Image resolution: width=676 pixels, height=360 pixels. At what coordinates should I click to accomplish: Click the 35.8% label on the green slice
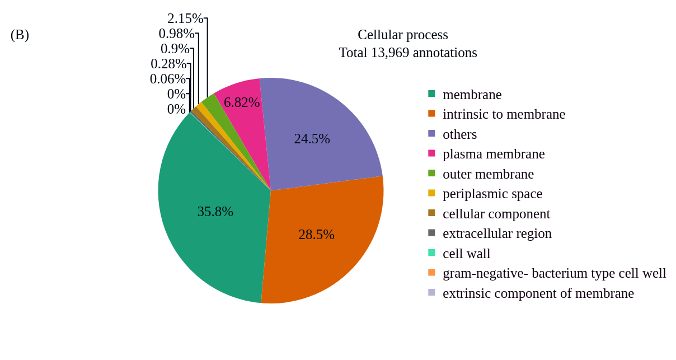click(x=215, y=212)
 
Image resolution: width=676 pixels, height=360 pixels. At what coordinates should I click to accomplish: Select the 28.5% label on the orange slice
click(x=316, y=235)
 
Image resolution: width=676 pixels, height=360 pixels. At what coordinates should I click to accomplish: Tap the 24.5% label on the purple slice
click(x=312, y=139)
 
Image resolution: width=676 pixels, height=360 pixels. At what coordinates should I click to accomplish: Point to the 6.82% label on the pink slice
click(x=242, y=102)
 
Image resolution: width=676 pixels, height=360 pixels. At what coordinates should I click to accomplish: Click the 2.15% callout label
click(x=185, y=18)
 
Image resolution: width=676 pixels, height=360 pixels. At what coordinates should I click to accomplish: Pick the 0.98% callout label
click(x=176, y=34)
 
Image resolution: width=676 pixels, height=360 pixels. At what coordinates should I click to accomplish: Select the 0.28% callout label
click(x=168, y=64)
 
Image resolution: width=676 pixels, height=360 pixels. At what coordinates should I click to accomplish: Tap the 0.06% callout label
click(x=167, y=79)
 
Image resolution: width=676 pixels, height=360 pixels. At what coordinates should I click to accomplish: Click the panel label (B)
click(x=20, y=35)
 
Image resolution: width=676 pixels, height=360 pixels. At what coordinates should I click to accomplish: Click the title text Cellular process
click(x=402, y=35)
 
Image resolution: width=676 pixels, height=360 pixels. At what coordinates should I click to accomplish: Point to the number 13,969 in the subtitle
click(x=390, y=53)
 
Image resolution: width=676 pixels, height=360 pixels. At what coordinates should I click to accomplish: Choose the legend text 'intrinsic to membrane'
click(x=504, y=114)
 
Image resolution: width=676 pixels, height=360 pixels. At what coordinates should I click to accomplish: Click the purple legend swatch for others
click(x=431, y=134)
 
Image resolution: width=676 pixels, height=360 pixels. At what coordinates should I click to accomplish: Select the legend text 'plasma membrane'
click(x=494, y=154)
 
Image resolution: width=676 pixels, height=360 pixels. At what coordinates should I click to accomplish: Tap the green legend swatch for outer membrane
click(x=431, y=174)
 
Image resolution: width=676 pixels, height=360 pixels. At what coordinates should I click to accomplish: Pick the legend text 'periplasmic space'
click(x=492, y=194)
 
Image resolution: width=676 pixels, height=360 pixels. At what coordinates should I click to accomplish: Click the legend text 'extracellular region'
click(x=497, y=233)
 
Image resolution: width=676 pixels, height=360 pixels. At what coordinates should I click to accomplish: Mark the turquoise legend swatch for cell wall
click(x=431, y=253)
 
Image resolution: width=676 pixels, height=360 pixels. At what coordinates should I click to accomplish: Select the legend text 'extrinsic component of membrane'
click(x=538, y=293)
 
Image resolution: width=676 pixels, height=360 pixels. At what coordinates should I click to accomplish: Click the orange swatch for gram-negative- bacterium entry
click(x=431, y=273)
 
